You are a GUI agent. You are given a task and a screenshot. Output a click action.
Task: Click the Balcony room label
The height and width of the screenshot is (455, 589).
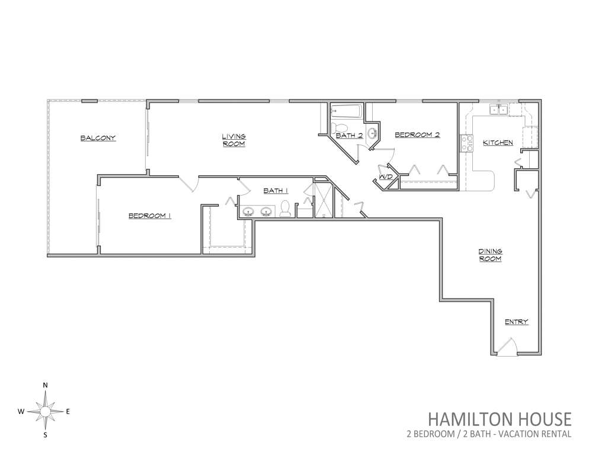pos(98,138)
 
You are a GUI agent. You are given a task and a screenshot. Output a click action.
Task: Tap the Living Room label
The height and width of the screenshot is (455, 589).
pos(233,140)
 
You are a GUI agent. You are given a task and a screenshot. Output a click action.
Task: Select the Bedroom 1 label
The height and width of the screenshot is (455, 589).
pos(150,216)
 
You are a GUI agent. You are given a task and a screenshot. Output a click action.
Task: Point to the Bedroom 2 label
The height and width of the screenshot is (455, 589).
pos(417,134)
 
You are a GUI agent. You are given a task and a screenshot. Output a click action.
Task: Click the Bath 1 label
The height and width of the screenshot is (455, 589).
pos(276,191)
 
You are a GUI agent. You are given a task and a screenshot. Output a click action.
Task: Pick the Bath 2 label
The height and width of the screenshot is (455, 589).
pos(350,135)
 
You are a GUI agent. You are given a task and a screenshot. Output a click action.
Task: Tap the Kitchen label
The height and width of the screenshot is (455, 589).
pos(498,142)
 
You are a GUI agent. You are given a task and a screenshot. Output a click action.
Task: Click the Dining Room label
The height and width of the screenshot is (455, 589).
pos(490,255)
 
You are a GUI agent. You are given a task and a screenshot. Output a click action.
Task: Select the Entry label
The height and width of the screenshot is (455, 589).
pos(517,322)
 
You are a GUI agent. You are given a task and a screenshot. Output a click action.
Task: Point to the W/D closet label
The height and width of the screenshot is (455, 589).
pos(386,177)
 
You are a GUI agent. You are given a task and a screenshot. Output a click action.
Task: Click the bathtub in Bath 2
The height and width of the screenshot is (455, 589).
pos(346,111)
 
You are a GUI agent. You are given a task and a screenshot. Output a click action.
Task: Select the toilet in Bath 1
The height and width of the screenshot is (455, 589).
pos(285,209)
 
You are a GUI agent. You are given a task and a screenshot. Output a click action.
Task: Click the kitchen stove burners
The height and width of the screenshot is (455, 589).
pos(469,143)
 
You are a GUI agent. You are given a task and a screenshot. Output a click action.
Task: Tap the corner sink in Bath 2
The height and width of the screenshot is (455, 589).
pos(373,134)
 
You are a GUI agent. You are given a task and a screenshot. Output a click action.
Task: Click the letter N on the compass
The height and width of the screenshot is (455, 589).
pos(46,385)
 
